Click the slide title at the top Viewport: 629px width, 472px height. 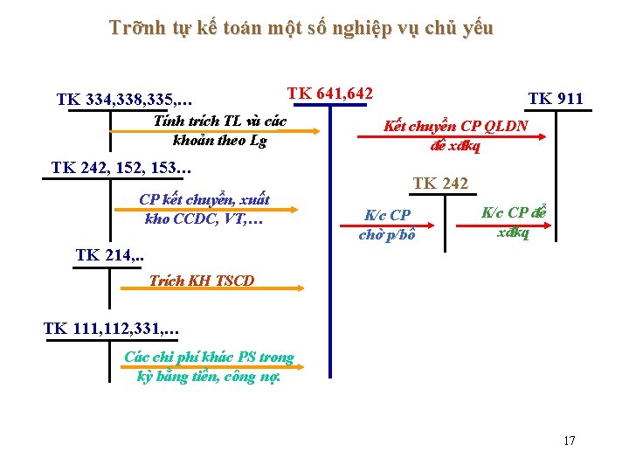pyautogui.click(x=301, y=28)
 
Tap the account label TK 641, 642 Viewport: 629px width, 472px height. pyautogui.click(x=330, y=93)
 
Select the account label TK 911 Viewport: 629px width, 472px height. pyautogui.click(x=555, y=98)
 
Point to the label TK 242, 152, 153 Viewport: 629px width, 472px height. pyautogui.click(x=121, y=168)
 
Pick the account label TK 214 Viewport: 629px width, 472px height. pyautogui.click(x=110, y=255)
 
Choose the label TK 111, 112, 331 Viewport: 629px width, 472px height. pyautogui.click(x=111, y=330)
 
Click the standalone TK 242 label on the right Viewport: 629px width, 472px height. pyautogui.click(x=440, y=184)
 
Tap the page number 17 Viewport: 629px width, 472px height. pyautogui.click(x=570, y=441)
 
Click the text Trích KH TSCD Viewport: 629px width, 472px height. pyautogui.click(x=202, y=281)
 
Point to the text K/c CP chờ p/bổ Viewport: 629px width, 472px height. pyautogui.click(x=387, y=225)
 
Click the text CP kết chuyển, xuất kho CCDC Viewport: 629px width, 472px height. pyautogui.click(x=204, y=209)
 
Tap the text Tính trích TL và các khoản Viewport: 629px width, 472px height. pyautogui.click(x=219, y=129)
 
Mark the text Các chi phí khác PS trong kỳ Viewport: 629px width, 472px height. pyautogui.click(x=210, y=366)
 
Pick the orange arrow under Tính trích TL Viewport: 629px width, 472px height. pyautogui.click(x=218, y=132)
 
